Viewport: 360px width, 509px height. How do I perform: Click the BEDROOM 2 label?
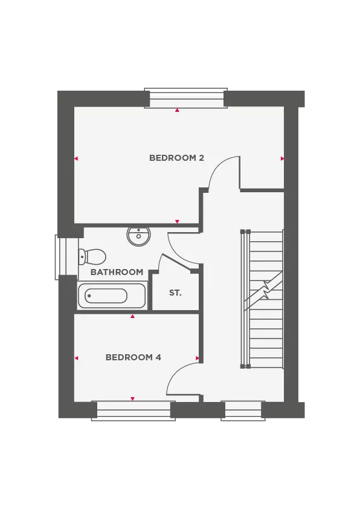176,158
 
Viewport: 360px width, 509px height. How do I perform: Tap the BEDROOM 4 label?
133,357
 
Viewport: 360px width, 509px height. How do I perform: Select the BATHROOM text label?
117,272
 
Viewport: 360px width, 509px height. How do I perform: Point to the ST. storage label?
175,293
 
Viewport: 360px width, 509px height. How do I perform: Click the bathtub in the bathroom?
112,296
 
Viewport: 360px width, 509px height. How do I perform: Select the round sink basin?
138,235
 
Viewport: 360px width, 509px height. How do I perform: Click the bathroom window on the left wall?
63,256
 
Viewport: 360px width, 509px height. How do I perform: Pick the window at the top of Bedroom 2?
186,101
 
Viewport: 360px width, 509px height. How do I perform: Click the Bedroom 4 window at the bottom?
133,409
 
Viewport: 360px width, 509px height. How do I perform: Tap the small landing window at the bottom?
243,409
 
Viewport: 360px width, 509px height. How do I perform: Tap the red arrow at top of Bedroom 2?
177,111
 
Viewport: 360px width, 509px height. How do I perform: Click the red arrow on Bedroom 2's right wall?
282,158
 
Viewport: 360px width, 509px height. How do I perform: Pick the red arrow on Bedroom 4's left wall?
76,358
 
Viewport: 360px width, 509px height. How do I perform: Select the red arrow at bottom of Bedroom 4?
132,399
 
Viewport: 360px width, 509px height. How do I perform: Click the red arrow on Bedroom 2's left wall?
76,158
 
